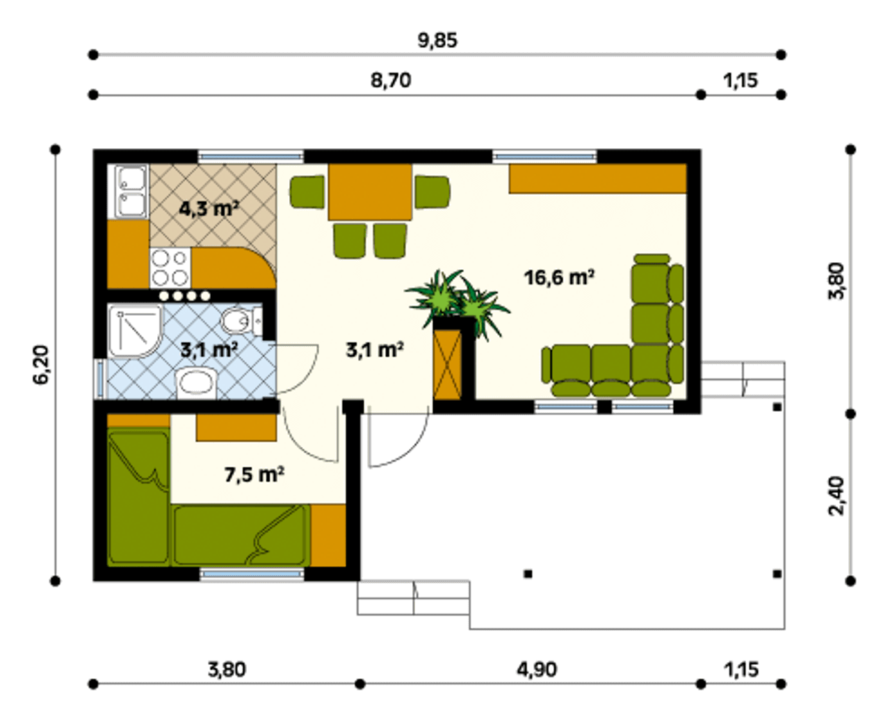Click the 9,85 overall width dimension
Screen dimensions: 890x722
[437, 40]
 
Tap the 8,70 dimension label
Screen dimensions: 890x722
[391, 80]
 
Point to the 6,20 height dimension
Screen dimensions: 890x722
[42, 364]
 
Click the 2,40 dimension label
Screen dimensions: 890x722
[836, 497]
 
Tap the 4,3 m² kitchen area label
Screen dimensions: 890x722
[209, 208]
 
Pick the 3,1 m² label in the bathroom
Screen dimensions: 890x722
[209, 349]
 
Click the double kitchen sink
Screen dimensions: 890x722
[128, 192]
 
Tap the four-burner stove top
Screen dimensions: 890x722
[170, 268]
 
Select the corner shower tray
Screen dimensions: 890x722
[135, 331]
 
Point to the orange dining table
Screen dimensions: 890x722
[370, 192]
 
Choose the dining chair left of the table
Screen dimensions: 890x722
[307, 192]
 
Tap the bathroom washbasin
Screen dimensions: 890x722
[196, 383]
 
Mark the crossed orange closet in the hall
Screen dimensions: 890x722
[448, 364]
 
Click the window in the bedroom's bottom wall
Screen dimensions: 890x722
[252, 574]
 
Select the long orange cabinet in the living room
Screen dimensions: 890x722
[597, 179]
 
